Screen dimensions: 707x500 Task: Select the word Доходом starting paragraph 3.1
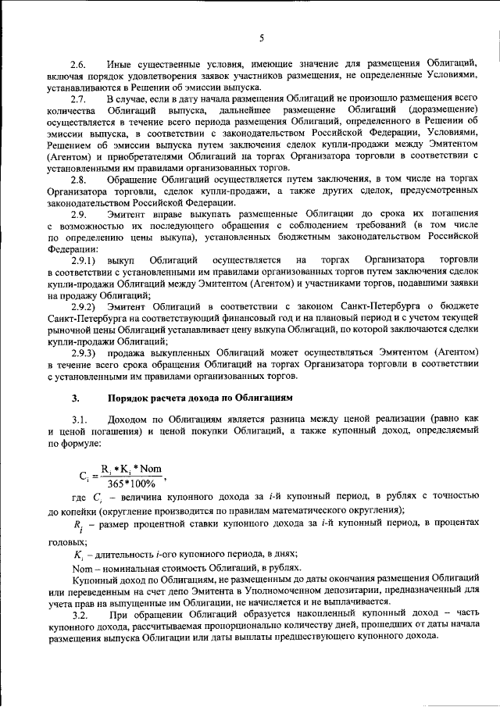click(x=131, y=420)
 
